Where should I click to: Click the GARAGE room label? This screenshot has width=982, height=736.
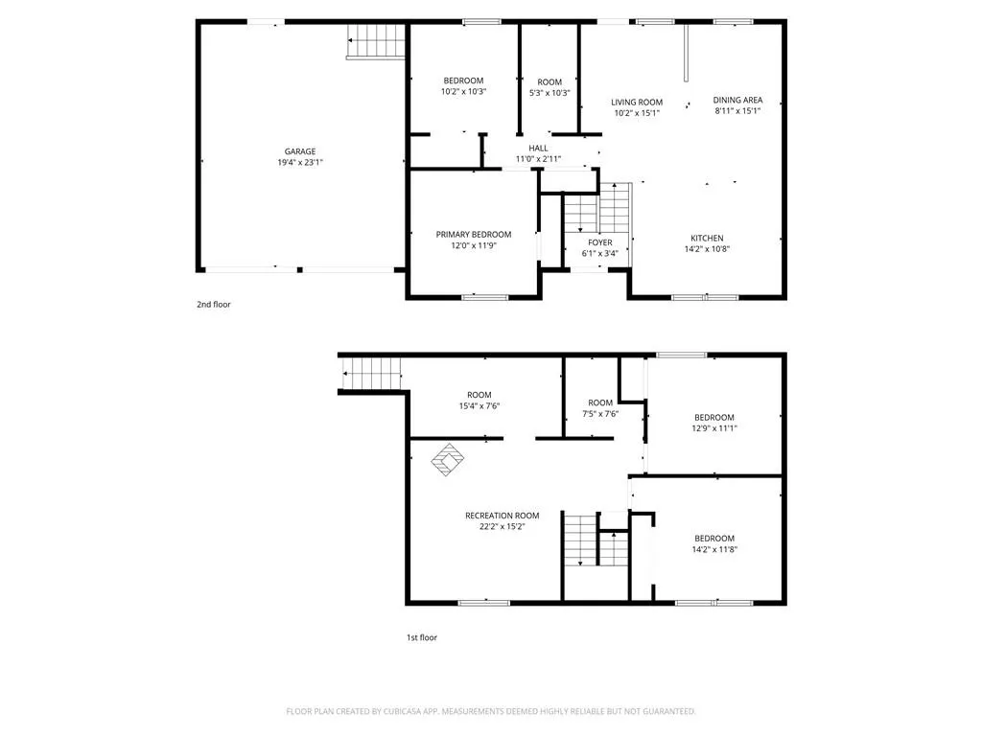(x=300, y=151)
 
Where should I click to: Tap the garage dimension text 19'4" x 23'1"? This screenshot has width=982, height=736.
(x=300, y=163)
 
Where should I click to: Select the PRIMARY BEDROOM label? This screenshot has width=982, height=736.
(x=474, y=235)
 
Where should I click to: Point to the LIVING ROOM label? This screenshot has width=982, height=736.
(x=637, y=102)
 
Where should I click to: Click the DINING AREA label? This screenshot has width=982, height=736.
(x=737, y=100)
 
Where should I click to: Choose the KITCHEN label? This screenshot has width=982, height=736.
(x=707, y=239)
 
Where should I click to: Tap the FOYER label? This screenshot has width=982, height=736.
(x=600, y=242)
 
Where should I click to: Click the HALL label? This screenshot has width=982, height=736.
(x=538, y=149)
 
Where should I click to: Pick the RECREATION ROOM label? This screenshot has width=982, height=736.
(x=503, y=516)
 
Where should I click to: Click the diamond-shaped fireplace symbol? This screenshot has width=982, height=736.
(x=447, y=460)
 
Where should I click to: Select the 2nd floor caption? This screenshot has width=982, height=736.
(x=214, y=305)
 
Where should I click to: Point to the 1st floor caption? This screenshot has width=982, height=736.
(x=422, y=637)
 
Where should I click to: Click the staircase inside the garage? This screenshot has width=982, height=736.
(x=376, y=41)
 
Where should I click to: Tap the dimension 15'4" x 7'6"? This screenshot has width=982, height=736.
(x=479, y=406)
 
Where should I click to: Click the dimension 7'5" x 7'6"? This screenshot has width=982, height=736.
(x=600, y=414)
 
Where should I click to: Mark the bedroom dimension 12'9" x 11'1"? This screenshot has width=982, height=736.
(x=713, y=428)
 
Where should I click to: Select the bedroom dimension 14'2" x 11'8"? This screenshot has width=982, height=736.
(x=713, y=549)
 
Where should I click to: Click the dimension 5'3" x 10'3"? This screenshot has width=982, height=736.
(x=549, y=93)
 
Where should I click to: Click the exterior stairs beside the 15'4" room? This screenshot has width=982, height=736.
(x=371, y=374)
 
